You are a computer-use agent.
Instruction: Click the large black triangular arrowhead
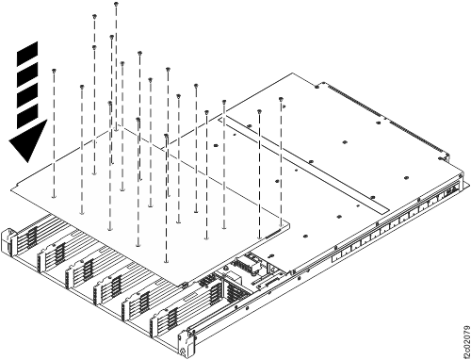[x=27, y=140]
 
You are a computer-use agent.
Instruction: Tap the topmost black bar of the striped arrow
[x=27, y=54]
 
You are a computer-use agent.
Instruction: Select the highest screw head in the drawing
[x=116, y=4]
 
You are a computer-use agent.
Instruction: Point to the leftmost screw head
[x=54, y=70]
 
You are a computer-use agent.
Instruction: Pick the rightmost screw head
[x=281, y=100]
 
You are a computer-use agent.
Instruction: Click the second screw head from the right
[x=259, y=111]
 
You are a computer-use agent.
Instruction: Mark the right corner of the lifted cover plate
[x=289, y=223]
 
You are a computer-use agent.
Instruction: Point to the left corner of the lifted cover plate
[x=11, y=189]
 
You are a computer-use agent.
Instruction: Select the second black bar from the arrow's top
[x=27, y=74]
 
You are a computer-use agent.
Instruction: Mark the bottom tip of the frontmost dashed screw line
[x=166, y=261]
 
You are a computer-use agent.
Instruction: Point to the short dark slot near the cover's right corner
[x=273, y=234]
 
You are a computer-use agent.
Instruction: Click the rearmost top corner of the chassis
[x=293, y=74]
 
